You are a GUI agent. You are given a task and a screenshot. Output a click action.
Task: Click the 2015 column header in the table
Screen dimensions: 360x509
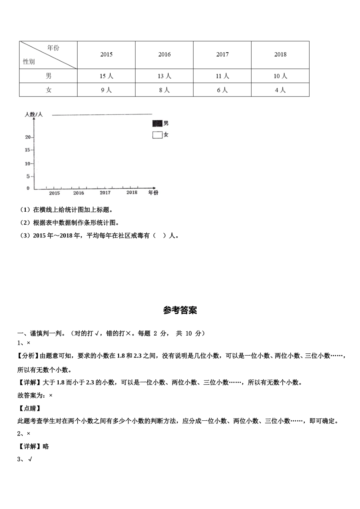(106, 55)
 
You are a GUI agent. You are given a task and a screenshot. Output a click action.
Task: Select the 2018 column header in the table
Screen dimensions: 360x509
(280, 55)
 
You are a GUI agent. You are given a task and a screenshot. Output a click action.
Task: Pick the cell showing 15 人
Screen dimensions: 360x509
(106, 76)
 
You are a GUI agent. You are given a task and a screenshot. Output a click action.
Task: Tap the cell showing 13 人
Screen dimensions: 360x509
(164, 76)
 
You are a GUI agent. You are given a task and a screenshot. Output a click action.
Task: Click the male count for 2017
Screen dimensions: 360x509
(222, 76)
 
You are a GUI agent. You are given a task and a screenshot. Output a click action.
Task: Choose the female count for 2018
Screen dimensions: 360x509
(280, 90)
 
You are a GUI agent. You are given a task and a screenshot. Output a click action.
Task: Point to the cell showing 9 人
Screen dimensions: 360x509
(106, 90)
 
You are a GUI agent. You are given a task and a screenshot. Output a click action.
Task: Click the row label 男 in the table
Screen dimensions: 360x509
(49, 76)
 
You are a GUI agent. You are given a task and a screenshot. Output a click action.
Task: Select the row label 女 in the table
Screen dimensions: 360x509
(49, 90)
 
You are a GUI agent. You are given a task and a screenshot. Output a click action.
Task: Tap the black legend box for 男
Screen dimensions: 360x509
(157, 123)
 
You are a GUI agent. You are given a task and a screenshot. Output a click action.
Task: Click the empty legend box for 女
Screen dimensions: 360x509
(157, 135)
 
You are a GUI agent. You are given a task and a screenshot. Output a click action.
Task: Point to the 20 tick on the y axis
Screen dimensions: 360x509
(28, 137)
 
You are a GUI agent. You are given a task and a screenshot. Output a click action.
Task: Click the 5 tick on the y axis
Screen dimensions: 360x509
(28, 176)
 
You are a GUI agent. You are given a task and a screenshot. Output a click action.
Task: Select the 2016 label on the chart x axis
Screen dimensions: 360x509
(78, 193)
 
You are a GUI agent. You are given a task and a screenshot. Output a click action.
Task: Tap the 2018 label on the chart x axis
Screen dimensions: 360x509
(132, 192)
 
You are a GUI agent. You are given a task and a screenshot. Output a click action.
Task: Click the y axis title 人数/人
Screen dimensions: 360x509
(34, 114)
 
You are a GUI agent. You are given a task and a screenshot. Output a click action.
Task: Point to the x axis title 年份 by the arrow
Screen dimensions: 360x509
(153, 193)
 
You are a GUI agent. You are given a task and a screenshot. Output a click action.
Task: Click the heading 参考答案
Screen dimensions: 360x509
(180, 311)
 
